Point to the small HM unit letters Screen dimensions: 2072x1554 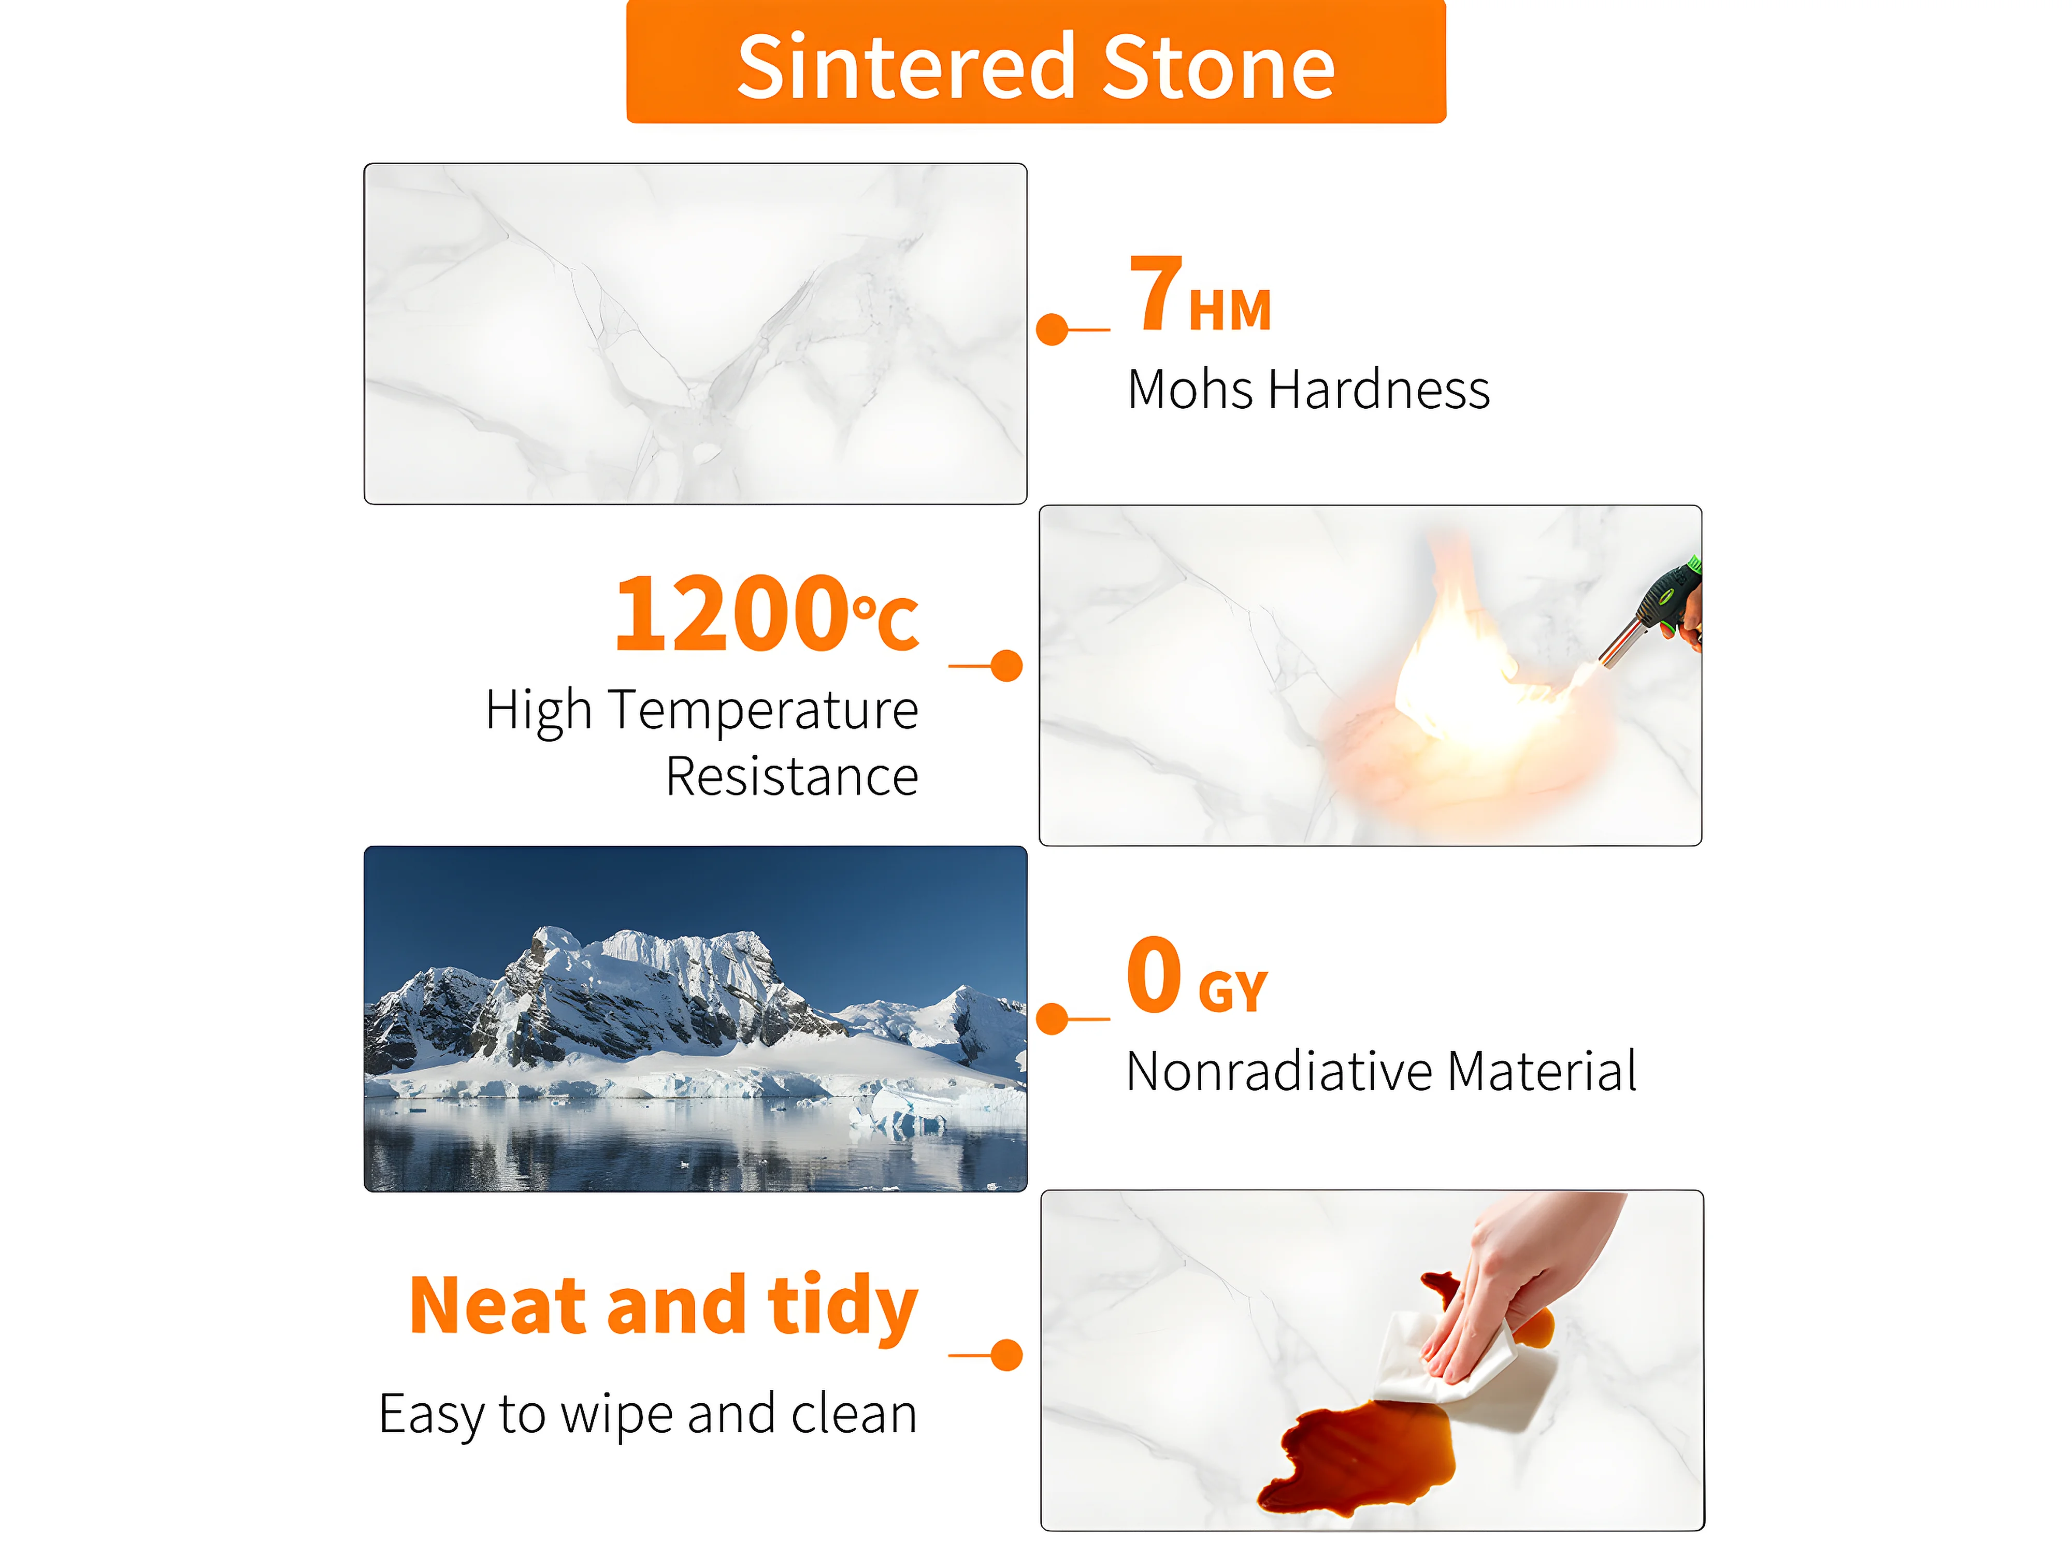coord(1229,310)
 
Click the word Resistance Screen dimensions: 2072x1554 coord(792,776)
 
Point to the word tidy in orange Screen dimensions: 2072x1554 coord(842,1307)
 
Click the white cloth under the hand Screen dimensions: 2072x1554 coord(1452,1358)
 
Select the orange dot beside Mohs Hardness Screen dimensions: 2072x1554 coord(1053,330)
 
